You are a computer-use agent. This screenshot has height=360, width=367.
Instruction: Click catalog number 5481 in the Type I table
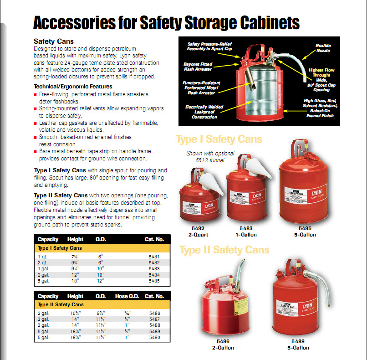(154, 257)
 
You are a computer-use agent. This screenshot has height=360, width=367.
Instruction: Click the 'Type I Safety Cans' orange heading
(219, 139)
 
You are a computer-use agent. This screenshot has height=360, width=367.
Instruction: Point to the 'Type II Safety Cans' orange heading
(224, 250)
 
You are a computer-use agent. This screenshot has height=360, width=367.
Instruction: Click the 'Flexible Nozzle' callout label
(323, 48)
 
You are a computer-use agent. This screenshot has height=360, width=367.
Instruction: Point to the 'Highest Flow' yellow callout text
(321, 70)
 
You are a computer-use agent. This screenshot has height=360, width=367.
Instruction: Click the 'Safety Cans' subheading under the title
(54, 41)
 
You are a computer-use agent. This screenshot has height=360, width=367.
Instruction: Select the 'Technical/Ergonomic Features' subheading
(73, 87)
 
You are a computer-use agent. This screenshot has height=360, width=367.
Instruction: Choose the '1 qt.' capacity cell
(42, 257)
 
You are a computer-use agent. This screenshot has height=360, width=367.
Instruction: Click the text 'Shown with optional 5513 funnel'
(210, 156)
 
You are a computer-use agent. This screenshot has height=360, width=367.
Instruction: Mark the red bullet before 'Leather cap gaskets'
(36, 123)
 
